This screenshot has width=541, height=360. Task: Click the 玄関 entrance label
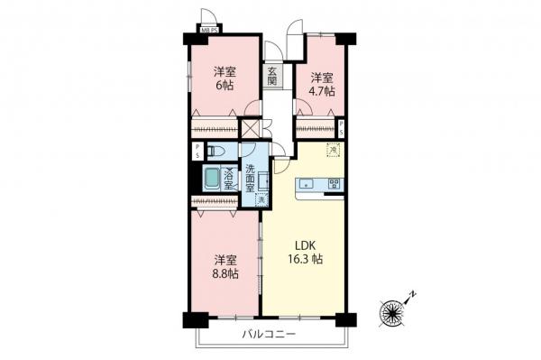pyautogui.click(x=271, y=75)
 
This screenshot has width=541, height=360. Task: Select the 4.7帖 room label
pyautogui.click(x=322, y=85)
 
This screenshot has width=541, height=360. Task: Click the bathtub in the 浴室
pyautogui.click(x=212, y=179)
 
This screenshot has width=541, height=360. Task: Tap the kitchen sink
pyautogui.click(x=308, y=184)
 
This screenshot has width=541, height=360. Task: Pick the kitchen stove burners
pyautogui.click(x=334, y=183)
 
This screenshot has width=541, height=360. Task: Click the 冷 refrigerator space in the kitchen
pyautogui.click(x=332, y=150)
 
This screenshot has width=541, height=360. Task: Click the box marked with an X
pyautogui.click(x=251, y=128)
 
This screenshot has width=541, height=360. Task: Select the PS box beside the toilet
pyautogui.click(x=196, y=151)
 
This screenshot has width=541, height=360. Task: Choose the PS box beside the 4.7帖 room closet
pyautogui.click(x=340, y=126)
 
